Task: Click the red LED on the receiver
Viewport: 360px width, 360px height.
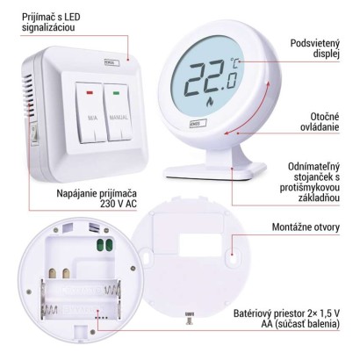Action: [x=90, y=93]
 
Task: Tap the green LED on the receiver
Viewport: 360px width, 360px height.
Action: [x=117, y=93]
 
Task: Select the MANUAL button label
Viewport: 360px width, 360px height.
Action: [x=119, y=118]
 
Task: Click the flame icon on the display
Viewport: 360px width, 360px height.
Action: [x=210, y=101]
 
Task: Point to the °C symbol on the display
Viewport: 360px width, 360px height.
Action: [x=234, y=62]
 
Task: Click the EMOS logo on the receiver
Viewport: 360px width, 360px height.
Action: [x=112, y=63]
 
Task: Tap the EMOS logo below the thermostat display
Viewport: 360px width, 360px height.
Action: [x=197, y=123]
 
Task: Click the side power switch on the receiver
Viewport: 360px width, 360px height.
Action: [x=34, y=133]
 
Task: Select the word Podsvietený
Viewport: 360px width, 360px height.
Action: [x=315, y=44]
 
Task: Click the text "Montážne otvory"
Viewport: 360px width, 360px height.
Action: [x=306, y=227]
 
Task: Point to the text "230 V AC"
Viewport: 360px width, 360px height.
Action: [x=119, y=204]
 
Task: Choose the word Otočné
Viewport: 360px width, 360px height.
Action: [x=325, y=117]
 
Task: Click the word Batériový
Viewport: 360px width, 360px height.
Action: [x=255, y=313]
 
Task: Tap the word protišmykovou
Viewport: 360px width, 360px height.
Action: [x=310, y=187]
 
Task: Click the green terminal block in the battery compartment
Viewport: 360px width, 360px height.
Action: [x=105, y=245]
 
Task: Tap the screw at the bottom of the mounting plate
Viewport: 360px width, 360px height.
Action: [x=189, y=319]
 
